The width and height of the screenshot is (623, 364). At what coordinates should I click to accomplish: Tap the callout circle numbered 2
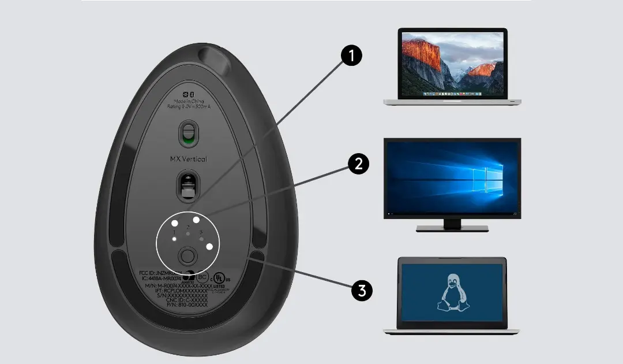[359, 165]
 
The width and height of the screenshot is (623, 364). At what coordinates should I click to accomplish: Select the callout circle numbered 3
[362, 290]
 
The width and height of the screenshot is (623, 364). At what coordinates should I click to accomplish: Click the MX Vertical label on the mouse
[188, 159]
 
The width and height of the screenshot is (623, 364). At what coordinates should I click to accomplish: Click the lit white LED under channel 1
[175, 239]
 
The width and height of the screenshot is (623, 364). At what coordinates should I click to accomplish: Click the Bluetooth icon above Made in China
[193, 94]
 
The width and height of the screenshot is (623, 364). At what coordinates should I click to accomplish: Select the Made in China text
[189, 101]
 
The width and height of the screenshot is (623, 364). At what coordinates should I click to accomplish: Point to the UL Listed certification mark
[217, 278]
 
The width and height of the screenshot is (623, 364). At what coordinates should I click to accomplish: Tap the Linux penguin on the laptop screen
[453, 292]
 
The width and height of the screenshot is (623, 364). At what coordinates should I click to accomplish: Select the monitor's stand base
[452, 228]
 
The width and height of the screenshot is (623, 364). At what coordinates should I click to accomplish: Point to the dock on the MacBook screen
[452, 93]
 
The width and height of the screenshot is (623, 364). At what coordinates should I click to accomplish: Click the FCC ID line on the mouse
[160, 272]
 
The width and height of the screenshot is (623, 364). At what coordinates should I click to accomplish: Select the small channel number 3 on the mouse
[200, 232]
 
